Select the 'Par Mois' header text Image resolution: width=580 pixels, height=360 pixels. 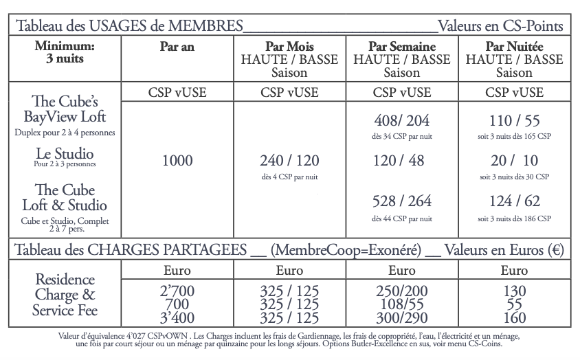pos(289,47)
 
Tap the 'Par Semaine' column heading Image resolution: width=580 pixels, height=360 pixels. pos(402,47)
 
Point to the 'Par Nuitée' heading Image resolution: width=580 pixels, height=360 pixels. pos(514,47)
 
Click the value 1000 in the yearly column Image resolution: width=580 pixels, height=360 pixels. pos(178,161)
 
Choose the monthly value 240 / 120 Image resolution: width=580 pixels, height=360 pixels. pos(289,161)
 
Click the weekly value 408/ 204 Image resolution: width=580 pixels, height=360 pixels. pos(402,121)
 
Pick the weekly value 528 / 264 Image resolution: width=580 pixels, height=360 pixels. pos(402,201)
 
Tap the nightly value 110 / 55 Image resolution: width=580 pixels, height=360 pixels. pos(514,121)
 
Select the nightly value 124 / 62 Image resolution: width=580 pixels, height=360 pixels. pos(514,201)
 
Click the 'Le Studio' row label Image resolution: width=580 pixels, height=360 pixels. pos(65,153)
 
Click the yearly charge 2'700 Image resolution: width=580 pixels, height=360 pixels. pos(177,292)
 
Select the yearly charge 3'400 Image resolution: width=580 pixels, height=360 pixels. pos(177,318)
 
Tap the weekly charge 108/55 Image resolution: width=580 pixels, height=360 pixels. pos(402,305)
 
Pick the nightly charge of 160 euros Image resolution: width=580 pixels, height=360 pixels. pos(514,318)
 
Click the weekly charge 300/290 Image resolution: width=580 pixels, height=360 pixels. pos(402,318)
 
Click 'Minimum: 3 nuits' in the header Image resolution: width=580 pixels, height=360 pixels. pos(65,53)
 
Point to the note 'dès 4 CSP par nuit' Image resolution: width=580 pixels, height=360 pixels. pos(289,177)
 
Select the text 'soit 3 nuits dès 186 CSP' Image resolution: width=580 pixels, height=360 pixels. pos(514,218)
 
